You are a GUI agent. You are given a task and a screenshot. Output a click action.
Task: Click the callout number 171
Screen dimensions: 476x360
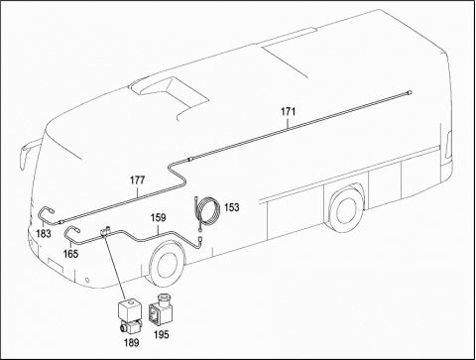(288, 111)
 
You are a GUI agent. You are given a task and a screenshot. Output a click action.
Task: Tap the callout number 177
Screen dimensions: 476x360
(137, 180)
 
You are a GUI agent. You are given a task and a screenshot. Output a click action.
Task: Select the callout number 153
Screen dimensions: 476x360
(231, 207)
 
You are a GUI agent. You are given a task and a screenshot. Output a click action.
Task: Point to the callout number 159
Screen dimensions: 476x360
(159, 218)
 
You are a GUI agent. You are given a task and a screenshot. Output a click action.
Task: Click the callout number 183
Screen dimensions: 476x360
(44, 234)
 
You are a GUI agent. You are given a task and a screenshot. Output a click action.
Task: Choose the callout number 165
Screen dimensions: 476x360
(70, 254)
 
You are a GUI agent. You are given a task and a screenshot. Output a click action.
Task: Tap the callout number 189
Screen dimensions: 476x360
(131, 342)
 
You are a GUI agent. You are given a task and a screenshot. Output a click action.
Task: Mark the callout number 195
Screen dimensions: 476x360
(161, 334)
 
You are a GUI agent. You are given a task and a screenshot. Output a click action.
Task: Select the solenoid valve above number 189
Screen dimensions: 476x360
(129, 315)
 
